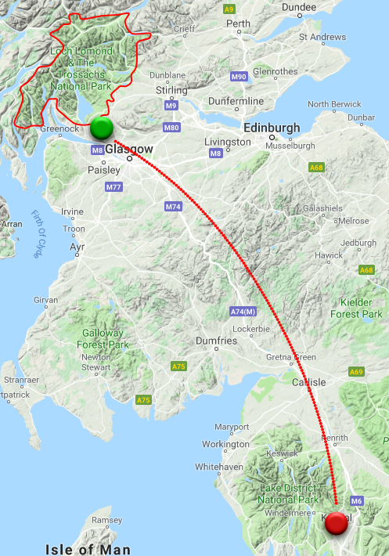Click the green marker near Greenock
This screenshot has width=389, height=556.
click(102, 128)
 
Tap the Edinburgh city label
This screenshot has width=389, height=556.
click(272, 128)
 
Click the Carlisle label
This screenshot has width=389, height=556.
click(308, 383)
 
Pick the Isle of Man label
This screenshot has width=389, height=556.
click(88, 549)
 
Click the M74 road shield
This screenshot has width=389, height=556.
click(173, 206)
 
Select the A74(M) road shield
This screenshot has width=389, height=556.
click(243, 311)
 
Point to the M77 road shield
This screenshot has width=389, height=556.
click(113, 187)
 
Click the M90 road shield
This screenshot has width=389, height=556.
click(240, 77)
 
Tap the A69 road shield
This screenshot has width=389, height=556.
click(357, 371)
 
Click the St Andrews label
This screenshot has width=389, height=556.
click(322, 37)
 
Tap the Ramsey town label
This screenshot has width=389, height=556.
click(107, 520)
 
